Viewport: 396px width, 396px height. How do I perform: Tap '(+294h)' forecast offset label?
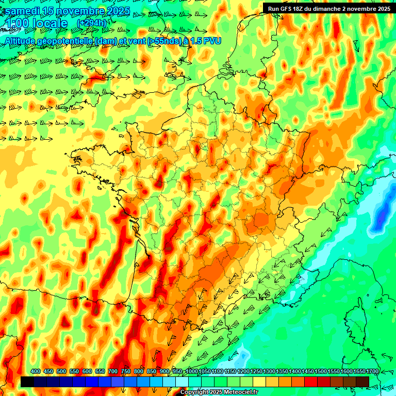pyautogui.click(x=91, y=23)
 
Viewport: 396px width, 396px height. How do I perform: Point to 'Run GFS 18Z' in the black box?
pyautogui.click(x=289, y=8)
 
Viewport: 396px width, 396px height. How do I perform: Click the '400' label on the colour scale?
pyautogui.click(x=36, y=371)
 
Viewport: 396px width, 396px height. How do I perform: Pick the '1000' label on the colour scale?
pyautogui.click(x=192, y=371)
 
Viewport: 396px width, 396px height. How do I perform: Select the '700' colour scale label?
pyautogui.click(x=113, y=371)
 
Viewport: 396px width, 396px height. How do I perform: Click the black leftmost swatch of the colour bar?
pyautogui.click(x=27, y=382)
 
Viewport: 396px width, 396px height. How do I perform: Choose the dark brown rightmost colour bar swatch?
pyautogui.click(x=362, y=382)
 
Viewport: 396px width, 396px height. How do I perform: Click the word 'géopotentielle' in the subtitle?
pyautogui.click(x=65, y=40)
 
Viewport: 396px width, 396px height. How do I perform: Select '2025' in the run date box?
pyautogui.click(x=382, y=8)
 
